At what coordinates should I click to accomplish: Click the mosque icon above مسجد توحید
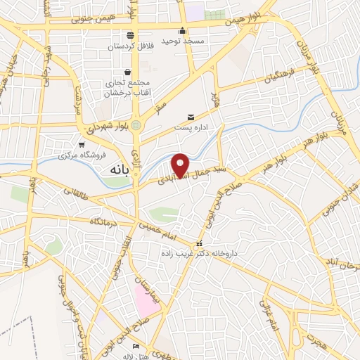pyautogui.click(x=183, y=30)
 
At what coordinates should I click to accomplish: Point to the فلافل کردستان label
pyautogui.click(x=130, y=47)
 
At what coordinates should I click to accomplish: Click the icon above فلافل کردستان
pyautogui.click(x=130, y=36)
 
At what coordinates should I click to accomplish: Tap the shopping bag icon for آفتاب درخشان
pyautogui.click(x=127, y=72)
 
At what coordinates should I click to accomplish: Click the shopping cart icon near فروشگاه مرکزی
pyautogui.click(x=82, y=144)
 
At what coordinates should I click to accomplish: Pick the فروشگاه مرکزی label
pyautogui.click(x=82, y=155)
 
